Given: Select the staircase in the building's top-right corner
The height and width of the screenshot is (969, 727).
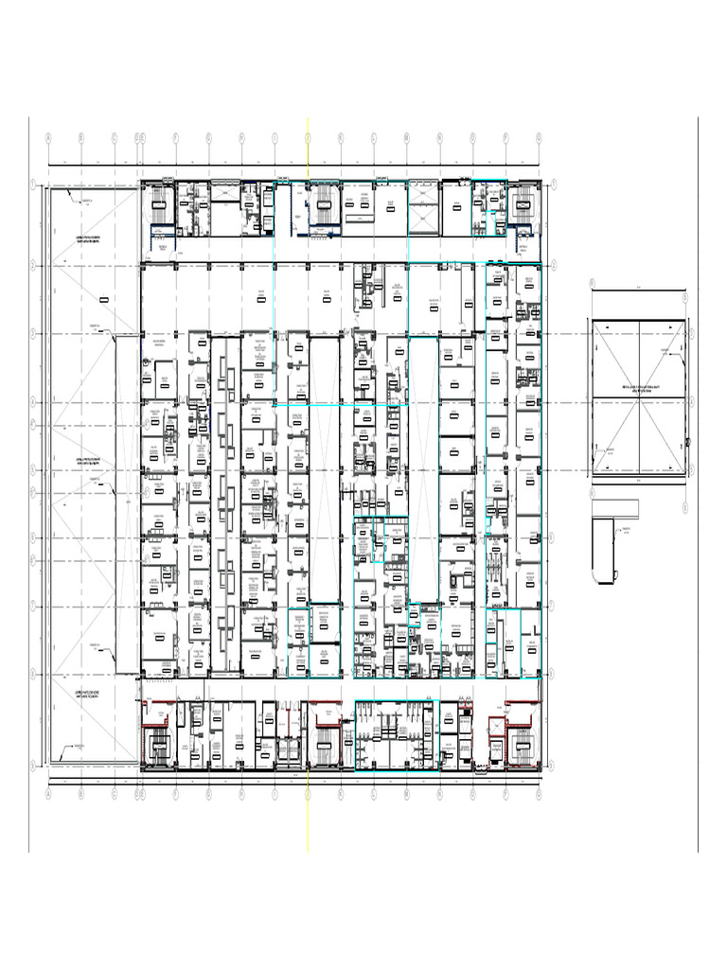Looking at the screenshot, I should pyautogui.click(x=523, y=201).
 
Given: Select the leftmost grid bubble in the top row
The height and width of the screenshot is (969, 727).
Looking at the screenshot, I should pyautogui.click(x=47, y=137).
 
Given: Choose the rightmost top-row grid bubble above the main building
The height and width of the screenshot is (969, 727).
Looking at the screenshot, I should pyautogui.click(x=539, y=137).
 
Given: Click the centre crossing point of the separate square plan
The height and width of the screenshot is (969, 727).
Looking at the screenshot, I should pyautogui.click(x=638, y=397).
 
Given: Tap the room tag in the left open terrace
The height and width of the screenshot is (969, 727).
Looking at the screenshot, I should pyautogui.click(x=103, y=299).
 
